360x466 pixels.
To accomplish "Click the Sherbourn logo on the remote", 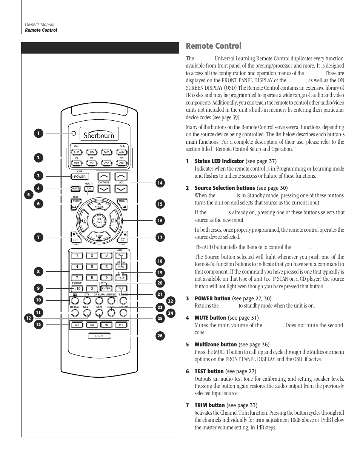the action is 99,134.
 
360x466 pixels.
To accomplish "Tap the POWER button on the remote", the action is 80,177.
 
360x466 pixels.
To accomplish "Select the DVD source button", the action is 106,152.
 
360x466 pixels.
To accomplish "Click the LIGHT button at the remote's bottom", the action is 99,336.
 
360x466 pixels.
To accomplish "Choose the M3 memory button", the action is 106,325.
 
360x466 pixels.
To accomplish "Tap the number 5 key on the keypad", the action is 92,267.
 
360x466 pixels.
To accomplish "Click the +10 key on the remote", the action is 77,289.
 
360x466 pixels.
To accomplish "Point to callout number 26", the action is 160,336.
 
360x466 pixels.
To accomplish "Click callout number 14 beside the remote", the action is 160,183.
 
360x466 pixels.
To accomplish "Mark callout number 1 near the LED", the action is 38,133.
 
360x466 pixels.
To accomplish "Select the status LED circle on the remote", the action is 74,133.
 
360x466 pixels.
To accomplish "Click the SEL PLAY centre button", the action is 99,220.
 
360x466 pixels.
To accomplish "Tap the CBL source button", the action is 122,163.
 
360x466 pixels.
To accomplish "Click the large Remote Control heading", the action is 214,46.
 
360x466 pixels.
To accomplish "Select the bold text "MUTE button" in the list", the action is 210,318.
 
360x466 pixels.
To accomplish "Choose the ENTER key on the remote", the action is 106,289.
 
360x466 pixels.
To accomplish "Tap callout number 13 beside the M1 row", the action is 38,324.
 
